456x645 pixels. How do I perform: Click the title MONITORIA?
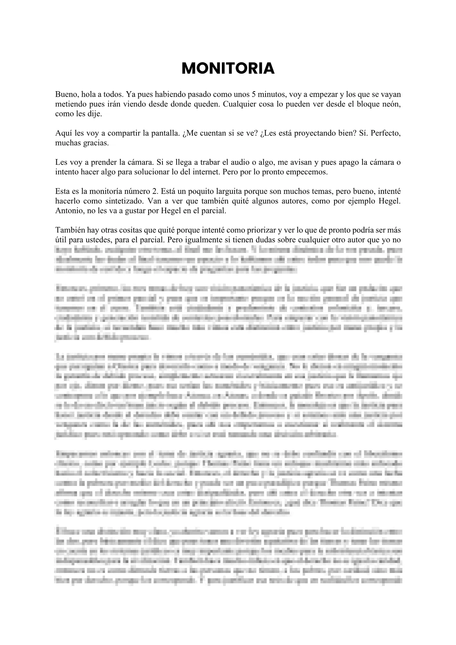[228, 69]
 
